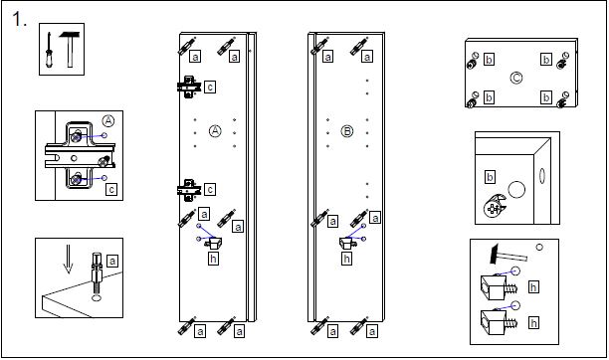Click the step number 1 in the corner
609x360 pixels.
pyautogui.click(x=19, y=19)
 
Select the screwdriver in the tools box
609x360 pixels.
pyautogui.click(x=49, y=51)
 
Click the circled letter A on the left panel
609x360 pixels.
pyautogui.click(x=215, y=131)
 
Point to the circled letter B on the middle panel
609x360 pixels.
pyautogui.click(x=347, y=131)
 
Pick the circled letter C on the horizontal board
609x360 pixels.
pyautogui.click(x=516, y=78)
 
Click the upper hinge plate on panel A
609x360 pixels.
pyautogui.click(x=189, y=87)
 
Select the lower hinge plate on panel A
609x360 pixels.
pyautogui.click(x=189, y=190)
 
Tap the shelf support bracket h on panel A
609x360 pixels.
pyautogui.click(x=214, y=244)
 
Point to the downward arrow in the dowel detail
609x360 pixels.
pyautogui.click(x=69, y=259)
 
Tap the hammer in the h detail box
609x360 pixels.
pyautogui.click(x=508, y=255)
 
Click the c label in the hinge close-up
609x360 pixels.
pyautogui.click(x=111, y=190)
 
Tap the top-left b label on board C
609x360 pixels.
pyautogui.click(x=489, y=60)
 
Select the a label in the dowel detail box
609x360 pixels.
pyautogui.click(x=112, y=261)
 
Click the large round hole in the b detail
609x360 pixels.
pyautogui.click(x=516, y=190)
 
